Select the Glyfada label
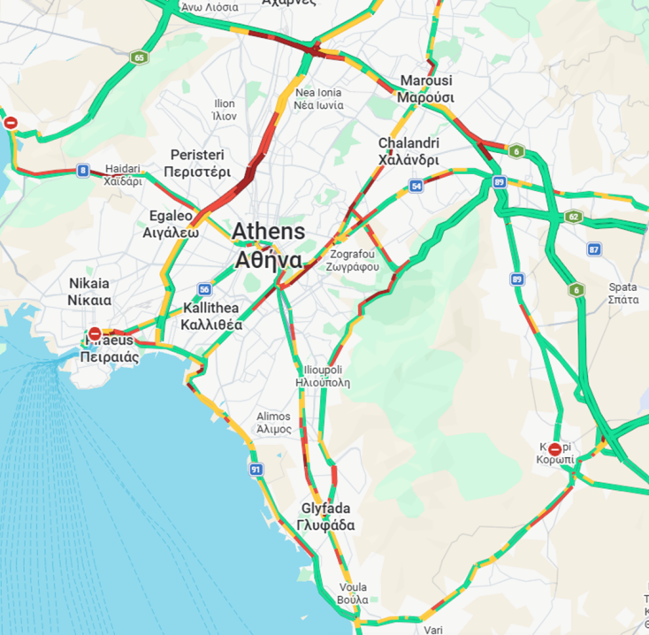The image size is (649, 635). click(x=326, y=516)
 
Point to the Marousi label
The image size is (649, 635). click(x=426, y=88)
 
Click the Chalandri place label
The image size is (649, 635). click(x=408, y=151)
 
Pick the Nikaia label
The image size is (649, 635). click(x=89, y=291)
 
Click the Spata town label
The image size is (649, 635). click(x=623, y=293)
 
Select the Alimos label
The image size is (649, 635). click(x=273, y=422)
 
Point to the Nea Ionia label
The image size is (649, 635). click(x=318, y=98)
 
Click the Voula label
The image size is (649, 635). click(x=353, y=593)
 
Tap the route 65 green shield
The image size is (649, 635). click(x=138, y=57)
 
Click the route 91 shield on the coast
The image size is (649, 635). click(x=256, y=470)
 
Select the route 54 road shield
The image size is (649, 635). click(x=416, y=186)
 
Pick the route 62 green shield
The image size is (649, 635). click(x=574, y=217)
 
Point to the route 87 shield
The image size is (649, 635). click(x=594, y=249)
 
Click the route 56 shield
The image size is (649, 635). click(x=204, y=289)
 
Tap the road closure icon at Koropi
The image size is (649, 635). click(x=554, y=449)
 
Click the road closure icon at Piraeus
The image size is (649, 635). click(x=95, y=334)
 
